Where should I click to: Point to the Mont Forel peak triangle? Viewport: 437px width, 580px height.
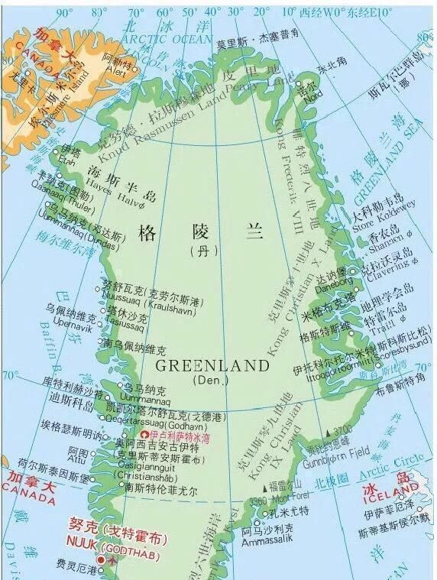coord(267,488)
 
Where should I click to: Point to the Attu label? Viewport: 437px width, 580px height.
coord(78,461)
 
